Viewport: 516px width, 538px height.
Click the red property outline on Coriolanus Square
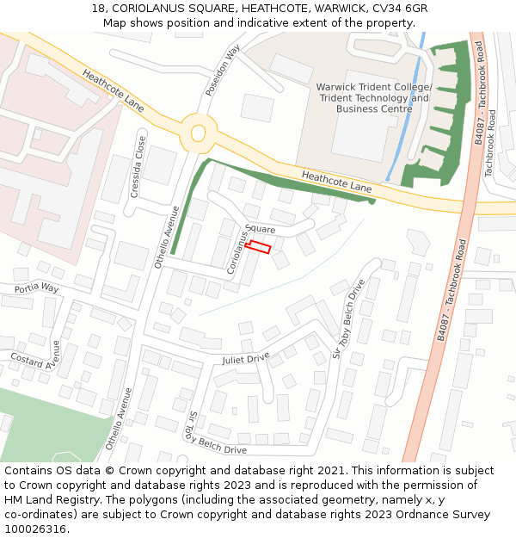tap(258, 247)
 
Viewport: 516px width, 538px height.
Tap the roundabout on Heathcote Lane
tap(199, 133)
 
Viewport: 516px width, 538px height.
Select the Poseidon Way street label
tap(221, 71)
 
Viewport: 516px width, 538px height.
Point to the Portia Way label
tap(35, 288)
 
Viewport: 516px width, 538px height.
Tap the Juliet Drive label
tap(245, 358)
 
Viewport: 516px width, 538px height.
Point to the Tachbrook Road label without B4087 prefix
tap(490, 143)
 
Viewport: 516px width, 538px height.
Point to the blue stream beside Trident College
tap(404, 112)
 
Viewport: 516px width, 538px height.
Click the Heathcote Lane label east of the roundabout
tap(337, 182)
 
